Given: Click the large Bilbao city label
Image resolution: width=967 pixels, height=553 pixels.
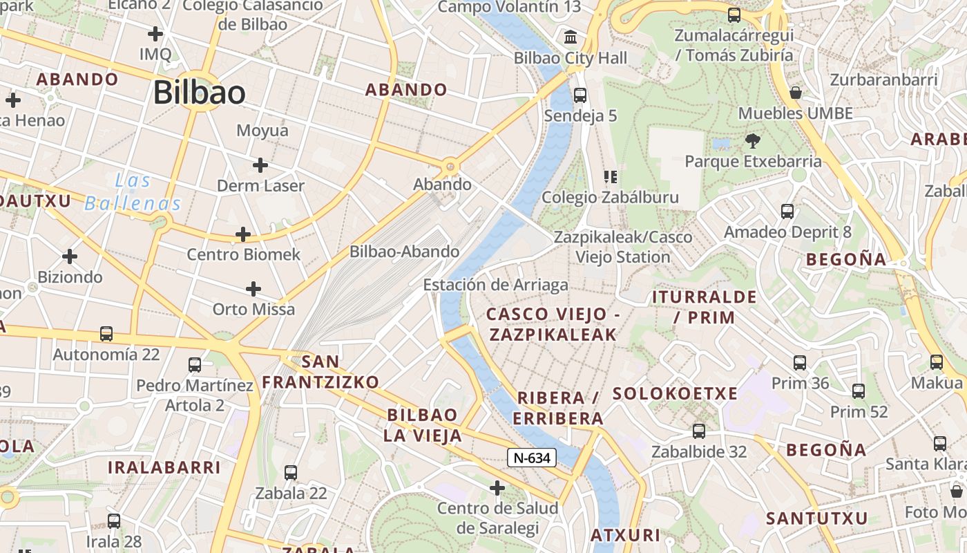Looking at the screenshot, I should [199, 93].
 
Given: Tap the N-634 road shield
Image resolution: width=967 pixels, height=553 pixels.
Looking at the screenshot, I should [532, 458].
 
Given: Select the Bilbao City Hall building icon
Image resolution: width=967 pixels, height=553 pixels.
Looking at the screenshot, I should [571, 37].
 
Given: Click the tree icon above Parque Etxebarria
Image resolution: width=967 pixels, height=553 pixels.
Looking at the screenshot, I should [753, 141].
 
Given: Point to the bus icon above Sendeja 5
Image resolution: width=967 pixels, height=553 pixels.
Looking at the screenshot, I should [580, 95].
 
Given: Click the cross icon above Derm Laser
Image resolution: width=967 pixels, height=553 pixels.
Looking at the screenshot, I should [260, 165].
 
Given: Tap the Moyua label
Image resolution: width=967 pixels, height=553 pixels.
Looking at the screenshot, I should [262, 131].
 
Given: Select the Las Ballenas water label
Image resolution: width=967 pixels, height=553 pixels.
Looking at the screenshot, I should [133, 192].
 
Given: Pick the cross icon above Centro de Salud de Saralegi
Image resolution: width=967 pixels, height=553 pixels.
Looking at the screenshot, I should [497, 488].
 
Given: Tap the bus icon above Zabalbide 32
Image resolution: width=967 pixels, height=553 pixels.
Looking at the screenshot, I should [699, 431].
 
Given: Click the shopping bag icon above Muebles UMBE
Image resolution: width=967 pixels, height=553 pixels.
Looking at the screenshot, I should [796, 92].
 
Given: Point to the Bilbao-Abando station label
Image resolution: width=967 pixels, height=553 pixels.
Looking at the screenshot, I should [404, 252].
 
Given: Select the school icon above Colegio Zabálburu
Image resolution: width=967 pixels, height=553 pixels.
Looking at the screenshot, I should [610, 177].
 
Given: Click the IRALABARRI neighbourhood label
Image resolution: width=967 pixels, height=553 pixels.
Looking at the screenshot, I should [164, 467].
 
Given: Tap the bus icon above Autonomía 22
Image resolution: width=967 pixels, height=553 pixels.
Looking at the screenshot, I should [106, 334].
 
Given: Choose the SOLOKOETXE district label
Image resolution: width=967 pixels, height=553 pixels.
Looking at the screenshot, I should [675, 394].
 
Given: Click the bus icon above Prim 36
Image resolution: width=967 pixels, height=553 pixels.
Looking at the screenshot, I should [800, 362].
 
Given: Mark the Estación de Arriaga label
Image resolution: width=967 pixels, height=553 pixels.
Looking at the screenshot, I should [495, 285].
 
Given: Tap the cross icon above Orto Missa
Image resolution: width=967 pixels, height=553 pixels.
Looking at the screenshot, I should [253, 288].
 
